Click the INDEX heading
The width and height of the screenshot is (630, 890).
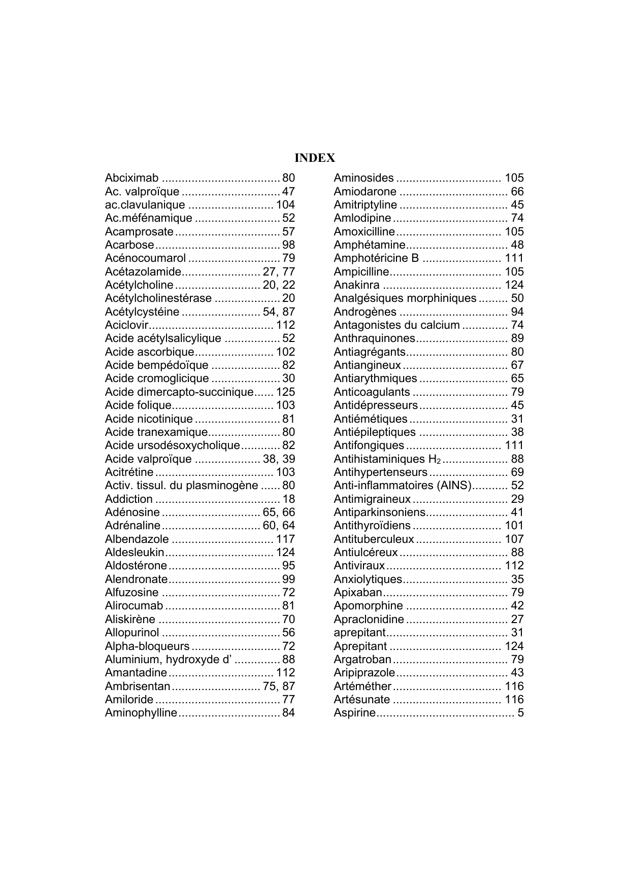tap(315, 158)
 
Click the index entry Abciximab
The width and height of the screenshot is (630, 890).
tap(131, 178)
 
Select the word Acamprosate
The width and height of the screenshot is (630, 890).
tap(139, 232)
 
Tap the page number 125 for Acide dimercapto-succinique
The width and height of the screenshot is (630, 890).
tap(285, 392)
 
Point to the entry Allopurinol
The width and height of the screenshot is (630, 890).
tap(132, 633)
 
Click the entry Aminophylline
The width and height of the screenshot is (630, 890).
tap(141, 713)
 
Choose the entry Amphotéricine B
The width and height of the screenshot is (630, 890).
tap(376, 258)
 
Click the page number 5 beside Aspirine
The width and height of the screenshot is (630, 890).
tap(520, 713)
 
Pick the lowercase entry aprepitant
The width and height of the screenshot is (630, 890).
tap(360, 633)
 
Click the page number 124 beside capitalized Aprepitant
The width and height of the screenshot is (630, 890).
tap(514, 646)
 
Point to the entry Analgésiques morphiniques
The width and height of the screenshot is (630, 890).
tap(405, 298)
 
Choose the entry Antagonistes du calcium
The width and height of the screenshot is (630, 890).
tap(396, 325)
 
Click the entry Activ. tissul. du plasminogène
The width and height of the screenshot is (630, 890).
tap(181, 486)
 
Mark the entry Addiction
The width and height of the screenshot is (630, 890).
tap(128, 499)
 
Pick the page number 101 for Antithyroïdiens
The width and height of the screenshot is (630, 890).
tap(514, 526)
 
